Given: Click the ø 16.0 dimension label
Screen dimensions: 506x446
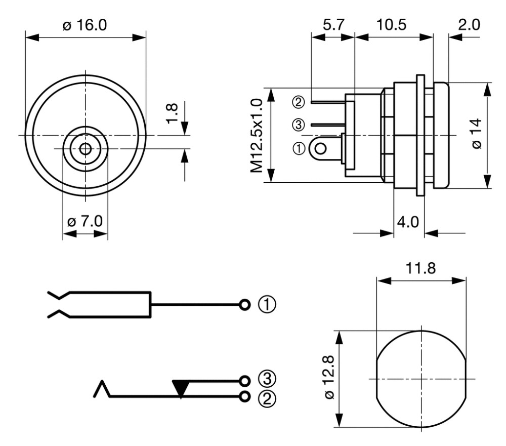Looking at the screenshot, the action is pos(85,24).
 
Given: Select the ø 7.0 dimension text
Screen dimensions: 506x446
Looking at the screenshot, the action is pos(85,221).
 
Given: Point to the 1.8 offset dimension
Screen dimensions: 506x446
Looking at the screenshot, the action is pos(172,113).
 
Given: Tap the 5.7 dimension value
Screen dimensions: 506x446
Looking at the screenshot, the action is pos(334,24).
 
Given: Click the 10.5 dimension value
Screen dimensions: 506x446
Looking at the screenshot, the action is pos(392,24).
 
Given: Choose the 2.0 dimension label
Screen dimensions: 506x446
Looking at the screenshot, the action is pos(469,24).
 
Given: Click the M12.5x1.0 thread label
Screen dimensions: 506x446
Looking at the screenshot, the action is pos(257,136).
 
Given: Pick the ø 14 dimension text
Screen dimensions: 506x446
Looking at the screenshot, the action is pos(477,134).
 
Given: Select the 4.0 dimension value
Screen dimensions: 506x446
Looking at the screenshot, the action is pos(408,222).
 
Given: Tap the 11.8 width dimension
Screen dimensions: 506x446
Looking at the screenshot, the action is pos(420,268).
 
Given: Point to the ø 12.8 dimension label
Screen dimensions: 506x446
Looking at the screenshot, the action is pos(329,378).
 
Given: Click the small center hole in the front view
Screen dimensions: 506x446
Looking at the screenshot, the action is pos(85,149).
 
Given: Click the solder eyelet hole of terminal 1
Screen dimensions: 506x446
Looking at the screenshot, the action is pos(320,149).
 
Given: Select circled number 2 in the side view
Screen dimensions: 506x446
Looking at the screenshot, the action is pos(298,102).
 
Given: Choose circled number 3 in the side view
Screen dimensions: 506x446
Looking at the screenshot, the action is pos(298,125).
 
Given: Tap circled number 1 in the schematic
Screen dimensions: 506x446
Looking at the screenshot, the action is pos(267,305).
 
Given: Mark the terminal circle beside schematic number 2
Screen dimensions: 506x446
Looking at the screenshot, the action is pos(245,396).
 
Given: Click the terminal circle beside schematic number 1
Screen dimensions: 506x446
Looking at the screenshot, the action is pos(245,305).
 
